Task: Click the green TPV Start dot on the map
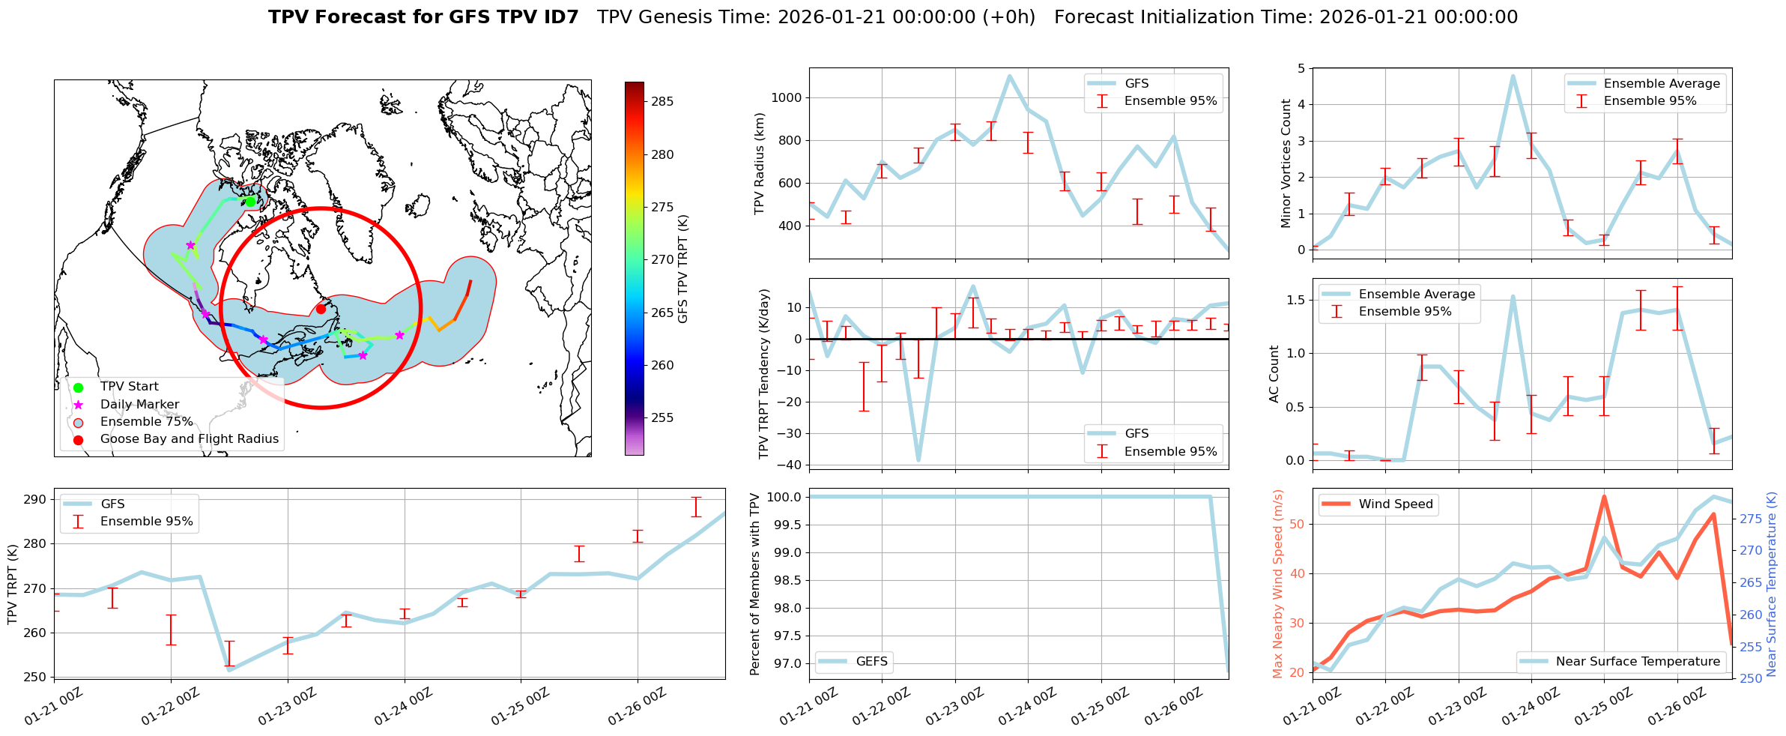coord(250,202)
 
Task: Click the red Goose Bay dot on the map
coord(321,309)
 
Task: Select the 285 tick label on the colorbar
coord(662,102)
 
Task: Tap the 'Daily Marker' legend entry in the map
coord(139,405)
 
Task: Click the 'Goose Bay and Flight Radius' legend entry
coord(189,439)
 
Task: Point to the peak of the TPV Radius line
coord(1009,76)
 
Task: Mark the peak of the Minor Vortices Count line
coord(1513,76)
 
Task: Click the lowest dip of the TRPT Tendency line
coord(918,460)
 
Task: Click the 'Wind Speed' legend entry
coord(1395,504)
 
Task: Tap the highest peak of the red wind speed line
coord(1604,496)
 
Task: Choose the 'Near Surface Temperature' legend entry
coord(1637,662)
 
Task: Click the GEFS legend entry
coord(871,662)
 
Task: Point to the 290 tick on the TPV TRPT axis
coord(37,500)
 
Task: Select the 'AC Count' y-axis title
coord(1274,374)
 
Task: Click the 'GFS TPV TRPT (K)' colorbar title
coord(682,268)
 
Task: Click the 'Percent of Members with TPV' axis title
coord(754,584)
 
